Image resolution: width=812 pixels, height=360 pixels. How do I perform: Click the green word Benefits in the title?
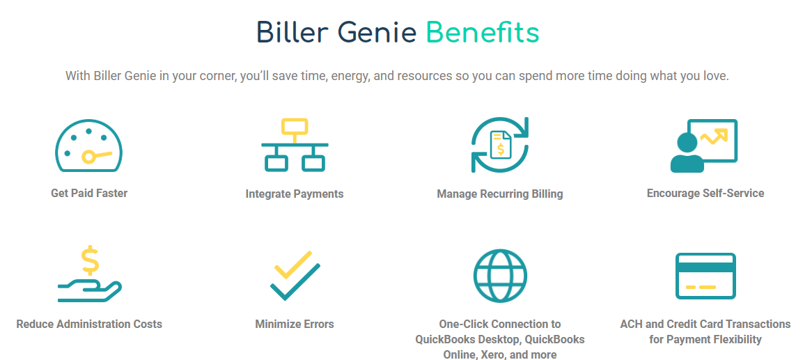click(x=482, y=33)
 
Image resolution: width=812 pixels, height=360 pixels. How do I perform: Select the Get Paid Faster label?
click(x=89, y=193)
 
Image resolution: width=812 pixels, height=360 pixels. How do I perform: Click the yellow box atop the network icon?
click(x=295, y=127)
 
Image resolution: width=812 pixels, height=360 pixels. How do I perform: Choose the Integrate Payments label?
click(x=295, y=194)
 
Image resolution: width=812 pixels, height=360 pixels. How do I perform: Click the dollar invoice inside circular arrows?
click(x=500, y=145)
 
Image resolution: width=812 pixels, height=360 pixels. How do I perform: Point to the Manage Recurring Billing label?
click(x=500, y=194)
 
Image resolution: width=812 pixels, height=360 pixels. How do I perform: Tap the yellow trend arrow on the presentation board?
click(x=714, y=136)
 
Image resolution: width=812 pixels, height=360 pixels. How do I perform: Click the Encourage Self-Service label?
click(x=705, y=193)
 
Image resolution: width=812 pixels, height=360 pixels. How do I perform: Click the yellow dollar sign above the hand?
click(x=90, y=260)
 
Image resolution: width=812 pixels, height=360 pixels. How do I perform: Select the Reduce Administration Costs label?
click(x=89, y=324)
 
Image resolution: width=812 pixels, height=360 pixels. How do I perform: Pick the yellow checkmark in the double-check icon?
click(x=292, y=265)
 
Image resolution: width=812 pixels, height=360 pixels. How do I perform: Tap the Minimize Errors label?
click(x=295, y=324)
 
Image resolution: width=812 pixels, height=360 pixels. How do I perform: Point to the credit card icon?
click(x=705, y=276)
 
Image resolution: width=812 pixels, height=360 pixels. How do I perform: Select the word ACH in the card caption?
click(x=631, y=324)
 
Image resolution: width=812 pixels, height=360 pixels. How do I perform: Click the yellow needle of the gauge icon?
click(x=96, y=155)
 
